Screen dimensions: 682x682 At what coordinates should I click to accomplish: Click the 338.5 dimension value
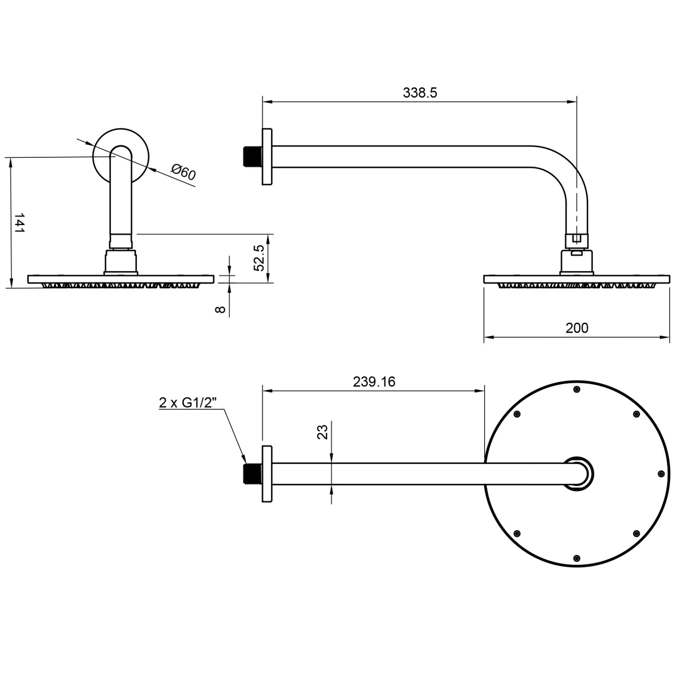point(420,93)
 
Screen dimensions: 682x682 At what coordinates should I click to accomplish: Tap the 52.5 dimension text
point(259,258)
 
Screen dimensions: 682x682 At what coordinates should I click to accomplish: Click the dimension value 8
point(220,310)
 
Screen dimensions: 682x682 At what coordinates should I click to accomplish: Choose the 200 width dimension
point(577,328)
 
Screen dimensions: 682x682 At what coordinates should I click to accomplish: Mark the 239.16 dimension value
point(374,381)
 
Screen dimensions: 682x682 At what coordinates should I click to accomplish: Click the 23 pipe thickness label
point(322,431)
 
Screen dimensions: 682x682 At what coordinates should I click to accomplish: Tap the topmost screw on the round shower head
point(577,389)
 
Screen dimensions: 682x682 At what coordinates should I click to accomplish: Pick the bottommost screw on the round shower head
point(577,558)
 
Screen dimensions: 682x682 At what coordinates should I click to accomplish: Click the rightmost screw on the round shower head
point(662,474)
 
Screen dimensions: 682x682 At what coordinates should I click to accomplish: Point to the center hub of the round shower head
point(578,474)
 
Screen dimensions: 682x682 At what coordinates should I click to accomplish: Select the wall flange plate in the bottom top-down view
point(267,474)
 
